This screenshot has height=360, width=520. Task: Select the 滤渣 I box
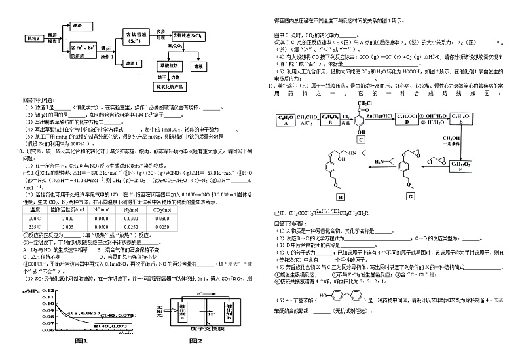[x=82, y=24]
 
